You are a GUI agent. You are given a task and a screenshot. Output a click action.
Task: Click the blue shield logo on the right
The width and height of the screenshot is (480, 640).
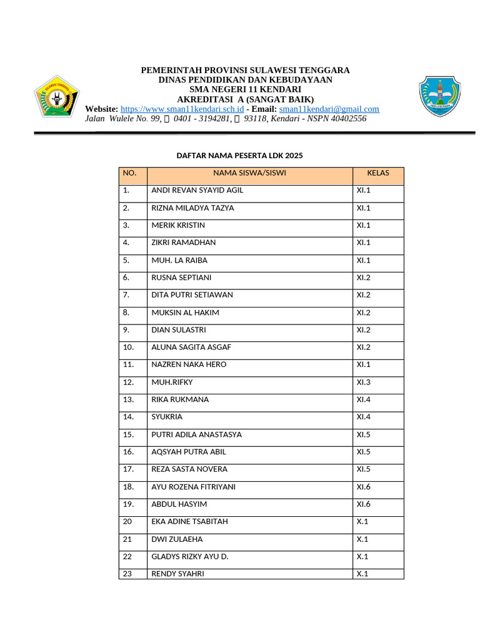[x=439, y=98]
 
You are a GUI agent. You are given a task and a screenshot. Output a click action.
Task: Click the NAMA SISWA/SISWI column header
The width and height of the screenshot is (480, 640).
[x=249, y=173]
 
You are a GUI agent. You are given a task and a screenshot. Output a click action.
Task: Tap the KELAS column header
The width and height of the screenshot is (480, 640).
[x=378, y=173]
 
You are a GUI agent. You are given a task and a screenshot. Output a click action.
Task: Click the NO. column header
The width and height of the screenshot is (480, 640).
[x=129, y=173]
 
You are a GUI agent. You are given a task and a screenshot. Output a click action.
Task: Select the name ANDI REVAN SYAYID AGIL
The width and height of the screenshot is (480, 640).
[x=197, y=190]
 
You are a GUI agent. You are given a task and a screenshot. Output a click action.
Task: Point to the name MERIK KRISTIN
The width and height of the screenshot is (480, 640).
[x=178, y=225]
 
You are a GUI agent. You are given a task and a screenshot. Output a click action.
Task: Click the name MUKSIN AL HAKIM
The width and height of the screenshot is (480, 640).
[x=185, y=312]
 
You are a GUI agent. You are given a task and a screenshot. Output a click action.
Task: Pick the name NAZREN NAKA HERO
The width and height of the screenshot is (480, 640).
[x=189, y=364]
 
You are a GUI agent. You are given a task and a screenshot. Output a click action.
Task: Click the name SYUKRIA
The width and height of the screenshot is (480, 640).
[x=167, y=417]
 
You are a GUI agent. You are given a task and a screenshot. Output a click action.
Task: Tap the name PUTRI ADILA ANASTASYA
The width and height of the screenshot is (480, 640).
[x=196, y=434]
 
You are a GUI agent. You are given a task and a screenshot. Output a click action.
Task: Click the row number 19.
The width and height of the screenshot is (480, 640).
[x=129, y=504]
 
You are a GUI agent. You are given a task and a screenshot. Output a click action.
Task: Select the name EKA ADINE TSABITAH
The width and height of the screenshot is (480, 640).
[x=189, y=521]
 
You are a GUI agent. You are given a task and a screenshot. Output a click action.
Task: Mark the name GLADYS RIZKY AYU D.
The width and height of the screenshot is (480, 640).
[x=190, y=556]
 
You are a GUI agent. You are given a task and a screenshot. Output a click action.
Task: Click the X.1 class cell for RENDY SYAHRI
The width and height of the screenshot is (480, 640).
[x=362, y=574]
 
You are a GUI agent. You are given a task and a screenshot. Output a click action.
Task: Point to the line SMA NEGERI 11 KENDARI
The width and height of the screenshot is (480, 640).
[x=245, y=89]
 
